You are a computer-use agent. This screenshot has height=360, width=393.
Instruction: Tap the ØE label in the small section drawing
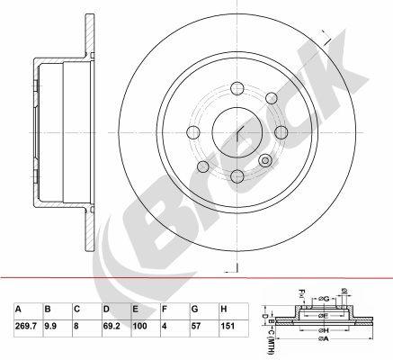pos(322,316)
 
